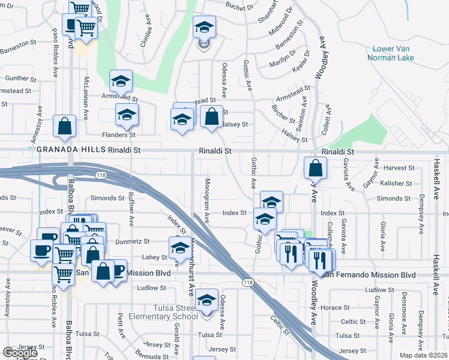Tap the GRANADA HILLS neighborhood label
pos(71,149)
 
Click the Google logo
pos(20,353)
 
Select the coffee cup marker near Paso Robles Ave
pos(41,250)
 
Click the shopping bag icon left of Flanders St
pos(64,126)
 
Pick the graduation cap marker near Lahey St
pos(179,247)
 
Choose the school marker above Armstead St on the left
pos(121,81)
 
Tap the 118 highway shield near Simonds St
pos(100,173)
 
